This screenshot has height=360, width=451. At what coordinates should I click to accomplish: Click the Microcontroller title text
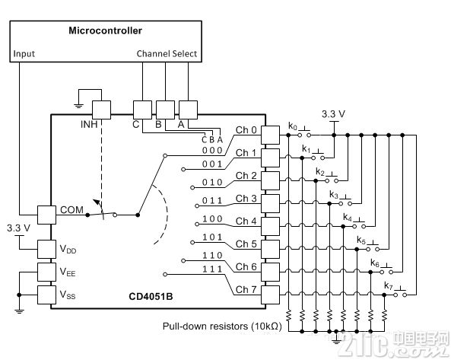click(105, 30)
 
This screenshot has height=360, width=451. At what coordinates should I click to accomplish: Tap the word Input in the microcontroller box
click(24, 54)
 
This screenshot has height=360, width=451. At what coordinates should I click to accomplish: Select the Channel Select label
click(167, 53)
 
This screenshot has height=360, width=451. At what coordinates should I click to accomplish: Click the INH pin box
click(101, 110)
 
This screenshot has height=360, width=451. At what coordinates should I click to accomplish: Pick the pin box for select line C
click(142, 110)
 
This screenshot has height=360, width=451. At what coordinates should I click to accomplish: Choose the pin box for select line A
click(188, 110)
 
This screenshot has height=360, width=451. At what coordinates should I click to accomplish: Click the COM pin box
click(46, 215)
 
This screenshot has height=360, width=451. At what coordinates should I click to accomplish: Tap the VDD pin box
click(46, 249)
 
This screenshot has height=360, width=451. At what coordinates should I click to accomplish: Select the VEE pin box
click(46, 272)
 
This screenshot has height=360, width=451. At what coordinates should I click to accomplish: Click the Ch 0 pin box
click(270, 135)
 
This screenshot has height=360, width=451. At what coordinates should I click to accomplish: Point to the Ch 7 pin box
click(270, 295)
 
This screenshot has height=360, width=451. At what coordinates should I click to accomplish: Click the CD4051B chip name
click(151, 296)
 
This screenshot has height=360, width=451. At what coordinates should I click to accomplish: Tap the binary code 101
click(212, 237)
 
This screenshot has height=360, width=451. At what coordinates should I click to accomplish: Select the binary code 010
click(212, 182)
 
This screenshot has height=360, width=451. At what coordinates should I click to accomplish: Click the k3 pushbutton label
click(334, 195)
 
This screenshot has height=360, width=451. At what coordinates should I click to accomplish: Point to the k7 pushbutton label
click(389, 285)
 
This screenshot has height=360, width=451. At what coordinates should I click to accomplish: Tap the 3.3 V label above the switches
click(333, 114)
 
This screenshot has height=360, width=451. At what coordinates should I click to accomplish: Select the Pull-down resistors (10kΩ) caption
click(222, 327)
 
